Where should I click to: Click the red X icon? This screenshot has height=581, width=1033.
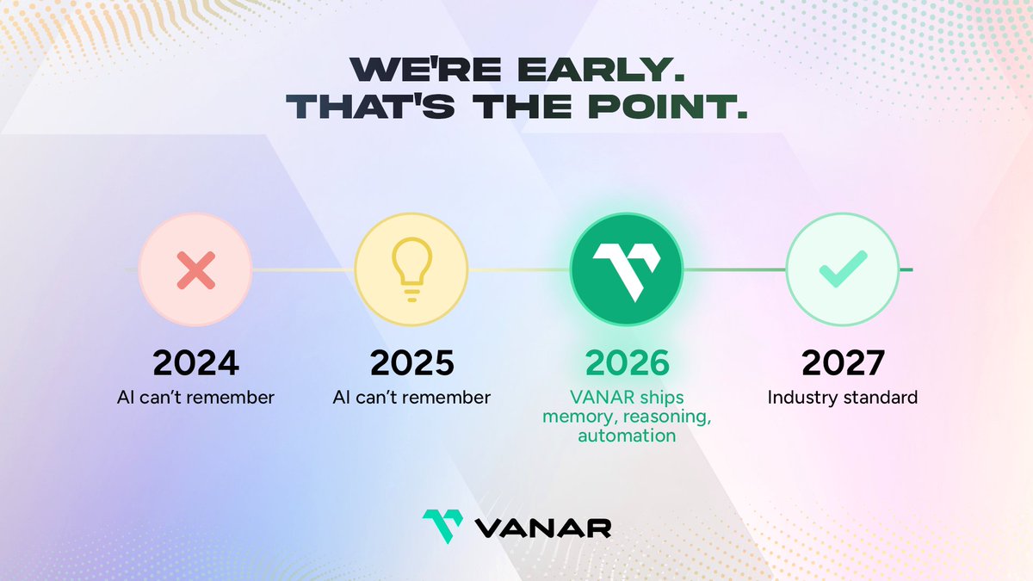pyautogui.click(x=195, y=270)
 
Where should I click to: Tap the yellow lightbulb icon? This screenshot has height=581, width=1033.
pyautogui.click(x=411, y=270)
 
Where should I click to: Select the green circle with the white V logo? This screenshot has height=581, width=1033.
pyautogui.click(x=627, y=270)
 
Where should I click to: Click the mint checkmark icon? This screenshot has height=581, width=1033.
pyautogui.click(x=843, y=270)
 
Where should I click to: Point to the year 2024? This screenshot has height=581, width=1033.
pyautogui.click(x=195, y=363)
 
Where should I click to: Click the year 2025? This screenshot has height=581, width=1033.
pyautogui.click(x=411, y=363)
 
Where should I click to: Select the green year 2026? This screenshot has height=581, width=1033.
pyautogui.click(x=627, y=363)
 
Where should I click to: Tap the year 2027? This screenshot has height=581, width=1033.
pyautogui.click(x=843, y=363)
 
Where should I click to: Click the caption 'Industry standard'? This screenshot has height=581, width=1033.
pyautogui.click(x=843, y=398)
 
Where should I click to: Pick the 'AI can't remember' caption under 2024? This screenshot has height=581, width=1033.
pyautogui.click(x=195, y=398)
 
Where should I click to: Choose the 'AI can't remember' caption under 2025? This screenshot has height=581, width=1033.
pyautogui.click(x=411, y=398)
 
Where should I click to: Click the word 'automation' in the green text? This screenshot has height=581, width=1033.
pyautogui.click(x=627, y=436)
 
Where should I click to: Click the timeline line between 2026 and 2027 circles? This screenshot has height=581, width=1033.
pyautogui.click(x=734, y=270)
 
